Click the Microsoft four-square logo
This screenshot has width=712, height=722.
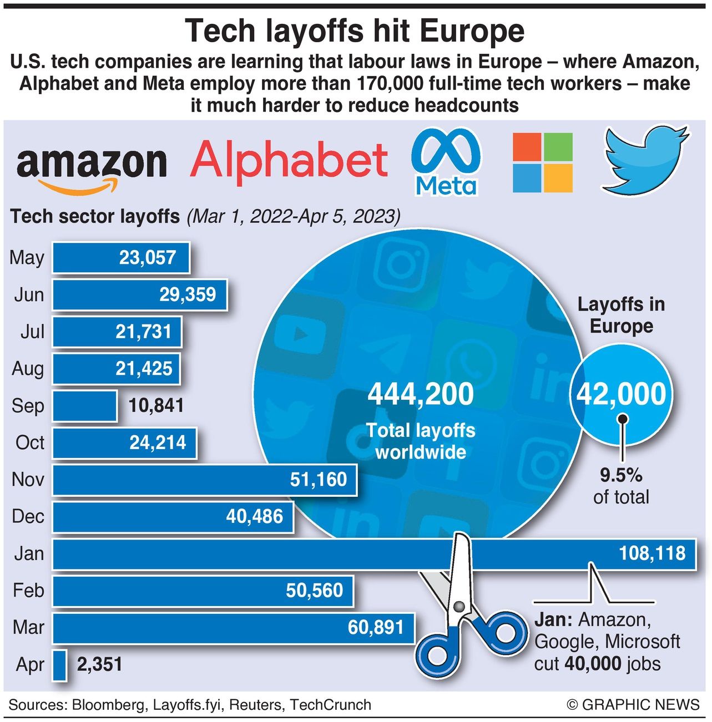(x=542, y=162)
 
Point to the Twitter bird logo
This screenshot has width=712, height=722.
(x=644, y=160)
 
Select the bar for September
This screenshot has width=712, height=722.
(x=84, y=406)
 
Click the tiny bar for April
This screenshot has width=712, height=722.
(x=60, y=665)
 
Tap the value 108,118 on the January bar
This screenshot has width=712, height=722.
(x=652, y=553)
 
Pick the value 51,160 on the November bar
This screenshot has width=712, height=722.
(x=318, y=480)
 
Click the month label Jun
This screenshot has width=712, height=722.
(x=29, y=294)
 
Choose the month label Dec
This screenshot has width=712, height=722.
(x=28, y=516)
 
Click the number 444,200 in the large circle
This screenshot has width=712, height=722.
(x=421, y=394)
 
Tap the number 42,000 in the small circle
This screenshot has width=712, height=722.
(x=621, y=394)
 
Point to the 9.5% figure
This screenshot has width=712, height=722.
(x=621, y=475)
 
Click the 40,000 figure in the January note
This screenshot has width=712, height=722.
(x=589, y=664)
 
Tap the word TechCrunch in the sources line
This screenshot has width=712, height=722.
(x=331, y=705)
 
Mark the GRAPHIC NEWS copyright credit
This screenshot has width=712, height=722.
(x=633, y=705)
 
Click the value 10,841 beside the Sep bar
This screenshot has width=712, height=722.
(x=156, y=406)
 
